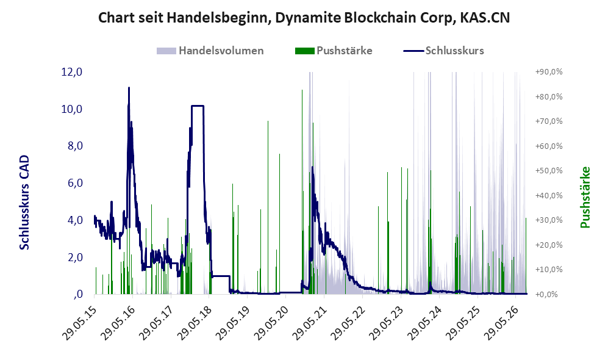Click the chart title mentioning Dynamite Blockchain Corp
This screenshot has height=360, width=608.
coord(304,18)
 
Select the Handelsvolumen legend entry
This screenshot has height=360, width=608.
coord(210,51)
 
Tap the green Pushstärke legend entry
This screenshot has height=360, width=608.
coord(334,51)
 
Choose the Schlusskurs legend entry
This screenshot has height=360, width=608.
coord(443,51)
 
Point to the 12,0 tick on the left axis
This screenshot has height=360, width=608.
coord(72,72)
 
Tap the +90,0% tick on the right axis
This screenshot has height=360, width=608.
coord(549,72)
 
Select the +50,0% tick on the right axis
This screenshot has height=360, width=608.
coord(549,171)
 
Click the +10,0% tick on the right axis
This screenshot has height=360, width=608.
coord(549,269)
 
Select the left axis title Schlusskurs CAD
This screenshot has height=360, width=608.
coord(24,202)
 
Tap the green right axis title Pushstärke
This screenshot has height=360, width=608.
coord(585,197)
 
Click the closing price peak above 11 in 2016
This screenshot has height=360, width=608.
coord(129,88)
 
